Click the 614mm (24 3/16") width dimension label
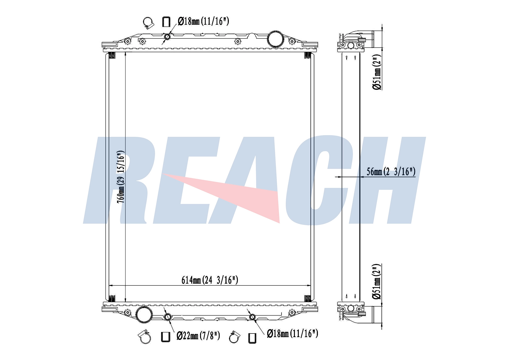pyautogui.click(x=210, y=280)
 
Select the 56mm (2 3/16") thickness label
pyautogui.click(x=391, y=172)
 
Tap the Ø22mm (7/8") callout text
pyautogui.click(x=198, y=336)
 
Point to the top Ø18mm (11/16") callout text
pyautogui.click(x=203, y=21)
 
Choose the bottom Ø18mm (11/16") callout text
pyautogui.click(x=292, y=333)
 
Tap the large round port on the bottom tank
pyautogui.click(x=144, y=315)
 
